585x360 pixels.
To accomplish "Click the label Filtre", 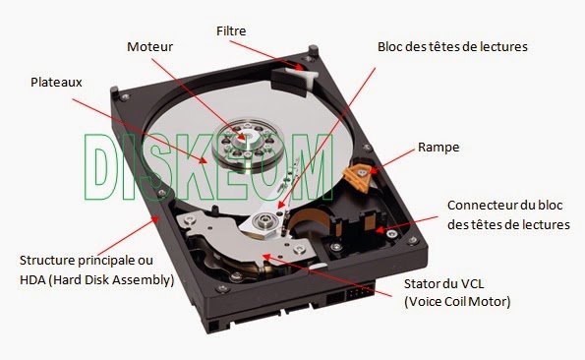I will click(x=232, y=31).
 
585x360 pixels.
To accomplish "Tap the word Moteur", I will click(x=151, y=46).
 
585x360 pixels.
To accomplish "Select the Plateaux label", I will click(x=57, y=84).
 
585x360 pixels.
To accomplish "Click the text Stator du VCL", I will click(x=441, y=286).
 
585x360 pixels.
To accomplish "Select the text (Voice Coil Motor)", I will click(x=457, y=302).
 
